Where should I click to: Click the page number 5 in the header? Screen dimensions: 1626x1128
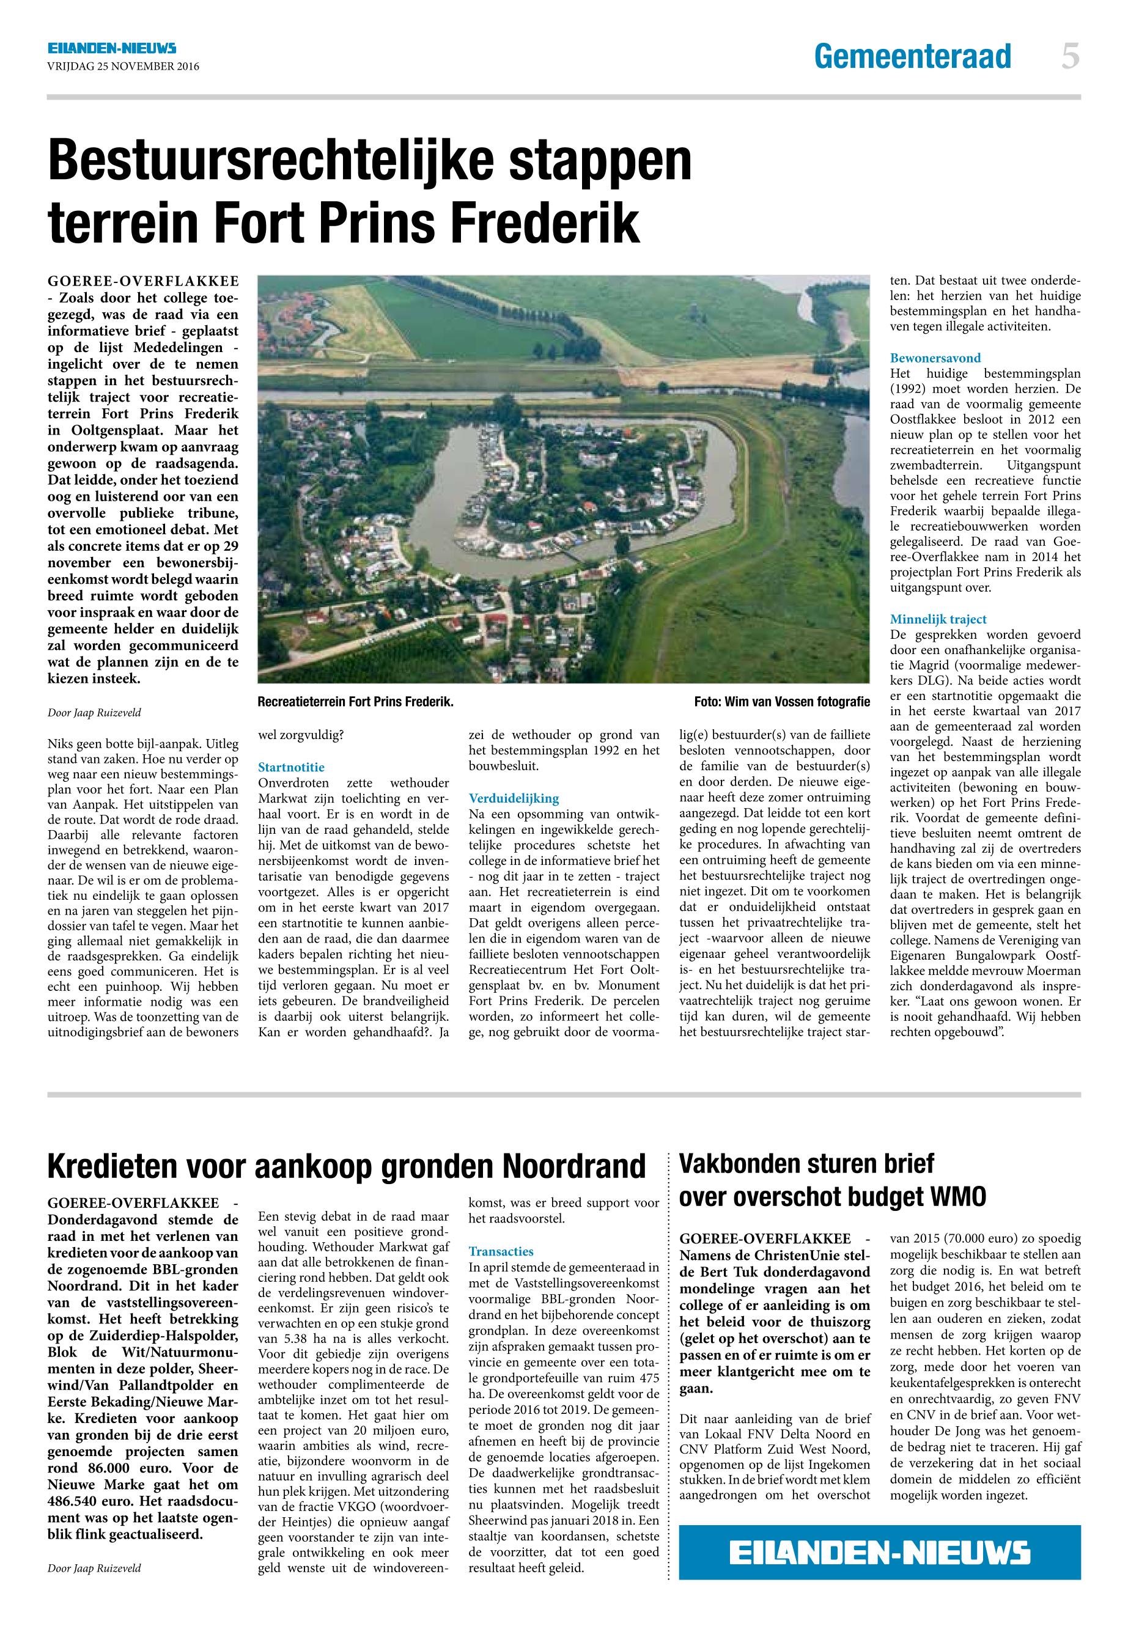1070,56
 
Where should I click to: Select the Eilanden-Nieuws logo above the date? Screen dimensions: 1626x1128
112,48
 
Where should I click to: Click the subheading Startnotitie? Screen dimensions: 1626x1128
291,767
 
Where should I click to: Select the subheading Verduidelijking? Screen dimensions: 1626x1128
513,798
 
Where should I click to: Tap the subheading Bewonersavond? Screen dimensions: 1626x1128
935,358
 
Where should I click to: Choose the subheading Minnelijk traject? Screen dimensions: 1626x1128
938,619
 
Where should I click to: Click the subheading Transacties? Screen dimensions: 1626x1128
501,1251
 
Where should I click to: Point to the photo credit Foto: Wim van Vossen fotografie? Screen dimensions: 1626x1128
782,702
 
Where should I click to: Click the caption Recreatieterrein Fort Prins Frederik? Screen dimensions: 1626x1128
355,702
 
